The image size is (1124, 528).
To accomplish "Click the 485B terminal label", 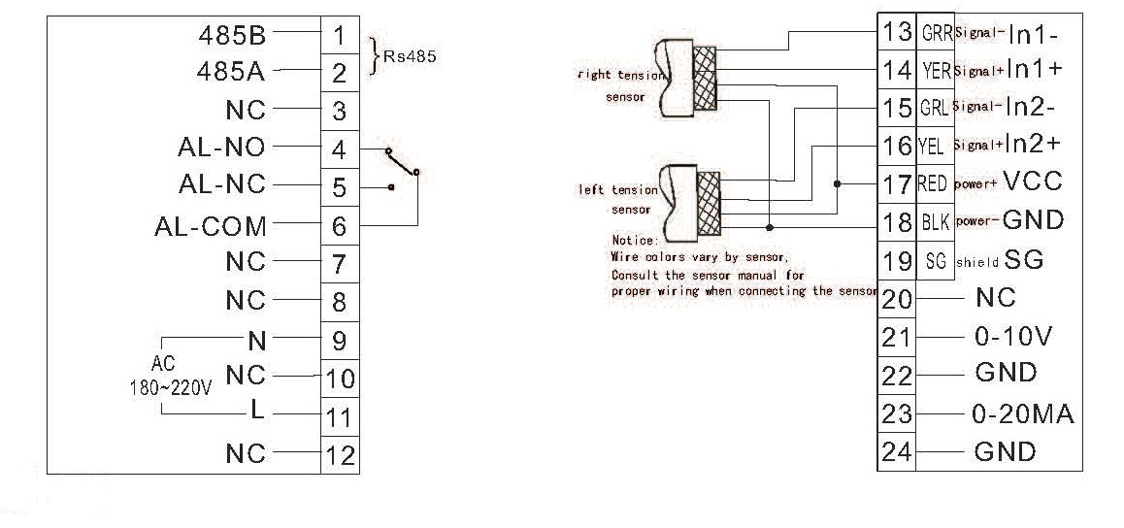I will pyautogui.click(x=231, y=36).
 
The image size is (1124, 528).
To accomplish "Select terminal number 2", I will pyautogui.click(x=339, y=73).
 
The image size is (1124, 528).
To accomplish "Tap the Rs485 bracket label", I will pyautogui.click(x=410, y=56).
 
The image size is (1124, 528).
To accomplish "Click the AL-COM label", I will pyautogui.click(x=211, y=226).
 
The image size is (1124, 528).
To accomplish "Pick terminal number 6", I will pyautogui.click(x=339, y=226).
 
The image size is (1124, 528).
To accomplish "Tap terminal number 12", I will pyautogui.click(x=339, y=454).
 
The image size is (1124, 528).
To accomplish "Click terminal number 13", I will pyautogui.click(x=895, y=32).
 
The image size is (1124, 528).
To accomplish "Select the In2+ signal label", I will pyautogui.click(x=1034, y=144).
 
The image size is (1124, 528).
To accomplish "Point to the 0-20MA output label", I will pyautogui.click(x=1022, y=413).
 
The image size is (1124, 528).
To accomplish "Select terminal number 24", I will pyautogui.click(x=897, y=451).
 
